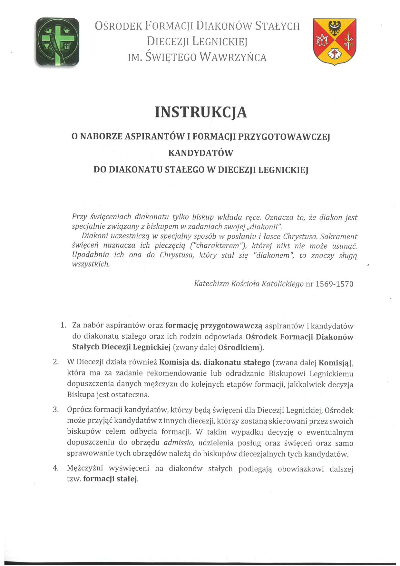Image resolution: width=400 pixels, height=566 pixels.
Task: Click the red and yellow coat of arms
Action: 335,41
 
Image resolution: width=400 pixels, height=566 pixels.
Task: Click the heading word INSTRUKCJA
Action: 201,112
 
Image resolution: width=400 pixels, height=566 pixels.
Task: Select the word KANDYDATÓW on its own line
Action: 200,153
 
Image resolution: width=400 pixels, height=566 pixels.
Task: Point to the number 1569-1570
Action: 335,284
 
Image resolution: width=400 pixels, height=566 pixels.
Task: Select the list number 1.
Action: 63,325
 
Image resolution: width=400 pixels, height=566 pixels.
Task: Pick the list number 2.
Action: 56,362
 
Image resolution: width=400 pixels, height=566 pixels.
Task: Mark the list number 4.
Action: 56,468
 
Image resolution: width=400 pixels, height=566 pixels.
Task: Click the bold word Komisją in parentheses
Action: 334,362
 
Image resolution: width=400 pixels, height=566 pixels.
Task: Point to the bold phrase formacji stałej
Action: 110,479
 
